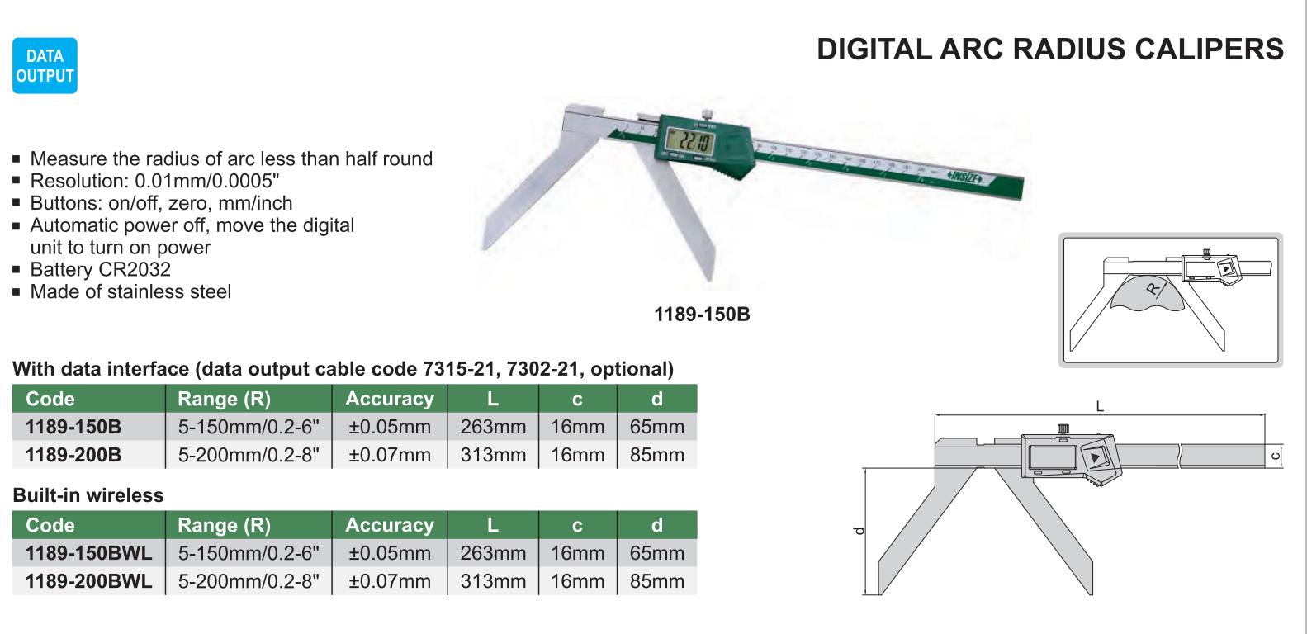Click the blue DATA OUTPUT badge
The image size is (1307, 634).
pos(45,66)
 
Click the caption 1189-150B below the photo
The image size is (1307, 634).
pos(702,315)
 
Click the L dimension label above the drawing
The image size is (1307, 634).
pos(1100,406)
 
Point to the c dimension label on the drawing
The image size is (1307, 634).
pos(1275,456)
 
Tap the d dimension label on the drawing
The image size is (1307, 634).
pos(859,531)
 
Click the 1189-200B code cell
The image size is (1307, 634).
pos(73,455)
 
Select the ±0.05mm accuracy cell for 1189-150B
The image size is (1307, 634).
pos(390,427)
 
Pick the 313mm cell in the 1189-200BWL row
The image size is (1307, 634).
pos(493,581)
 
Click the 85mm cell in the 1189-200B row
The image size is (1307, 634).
pos(657,455)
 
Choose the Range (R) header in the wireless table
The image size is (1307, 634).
pos(224,525)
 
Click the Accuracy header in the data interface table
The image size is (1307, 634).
pos(390,399)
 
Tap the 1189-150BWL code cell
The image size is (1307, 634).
pos(88,553)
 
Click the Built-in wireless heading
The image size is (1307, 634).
pos(88,495)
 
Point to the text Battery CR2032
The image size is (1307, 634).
pos(101,269)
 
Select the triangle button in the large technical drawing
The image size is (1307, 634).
pos(1095,457)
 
